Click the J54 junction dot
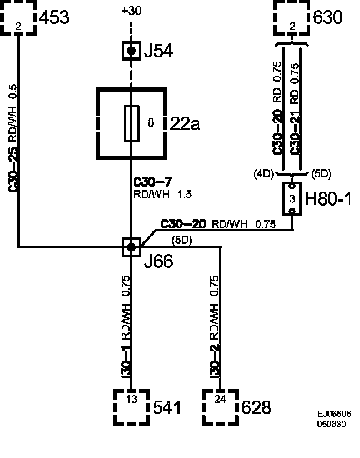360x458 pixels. [132, 51]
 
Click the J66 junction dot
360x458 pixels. [132, 247]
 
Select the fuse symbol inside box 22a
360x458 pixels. [132, 123]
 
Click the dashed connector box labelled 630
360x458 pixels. [292, 19]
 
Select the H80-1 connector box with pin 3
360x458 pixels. [292, 199]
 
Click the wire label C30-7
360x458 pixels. [152, 182]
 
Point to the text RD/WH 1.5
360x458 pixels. [162, 194]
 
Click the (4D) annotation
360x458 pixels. [263, 174]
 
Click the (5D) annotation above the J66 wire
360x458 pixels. [182, 241]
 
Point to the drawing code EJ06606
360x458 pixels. [334, 414]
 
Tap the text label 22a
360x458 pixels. [185, 124]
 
